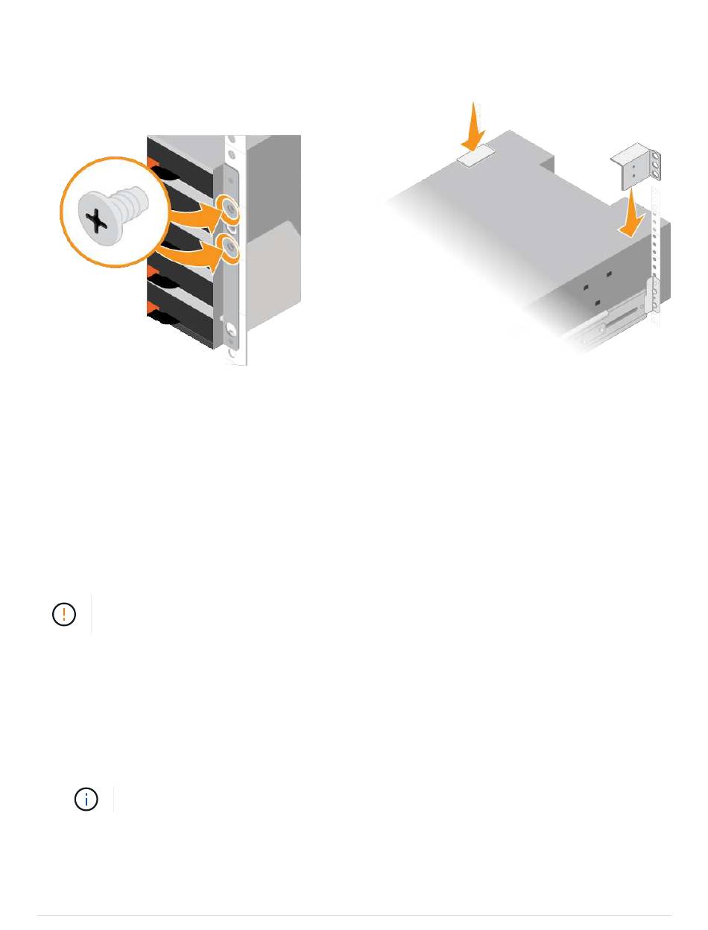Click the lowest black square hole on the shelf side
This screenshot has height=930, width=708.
click(598, 303)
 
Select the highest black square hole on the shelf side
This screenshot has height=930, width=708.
click(609, 274)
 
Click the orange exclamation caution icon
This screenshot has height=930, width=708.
click(65, 613)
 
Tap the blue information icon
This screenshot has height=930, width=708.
click(87, 800)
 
